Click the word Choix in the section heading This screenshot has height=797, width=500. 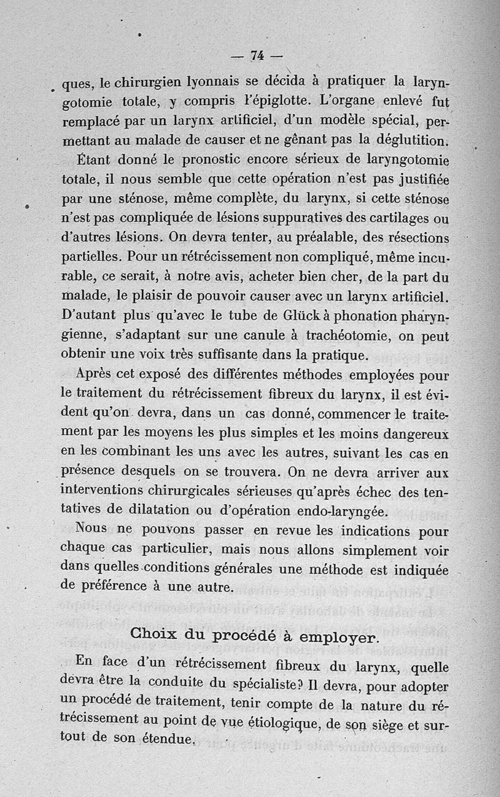click(x=153, y=635)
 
